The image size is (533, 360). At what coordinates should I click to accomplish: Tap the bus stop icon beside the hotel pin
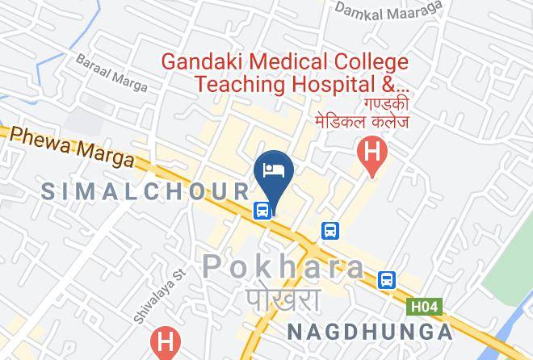pyautogui.click(x=262, y=211)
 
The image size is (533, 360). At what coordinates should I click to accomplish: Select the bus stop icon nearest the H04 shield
pyautogui.click(x=387, y=279)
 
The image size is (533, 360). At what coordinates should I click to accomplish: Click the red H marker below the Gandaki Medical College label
pyautogui.click(x=372, y=153)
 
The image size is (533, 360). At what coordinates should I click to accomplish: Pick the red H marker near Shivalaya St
pyautogui.click(x=166, y=342)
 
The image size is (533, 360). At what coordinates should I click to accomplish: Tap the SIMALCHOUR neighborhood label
pyautogui.click(x=145, y=191)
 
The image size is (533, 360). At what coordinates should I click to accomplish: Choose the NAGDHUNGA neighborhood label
pyautogui.click(x=369, y=332)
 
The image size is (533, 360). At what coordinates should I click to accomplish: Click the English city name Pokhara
pyautogui.click(x=283, y=266)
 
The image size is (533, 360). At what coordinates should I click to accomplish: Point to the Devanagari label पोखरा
pyautogui.click(x=283, y=300)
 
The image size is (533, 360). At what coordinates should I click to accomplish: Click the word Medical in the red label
pyautogui.click(x=287, y=61)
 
